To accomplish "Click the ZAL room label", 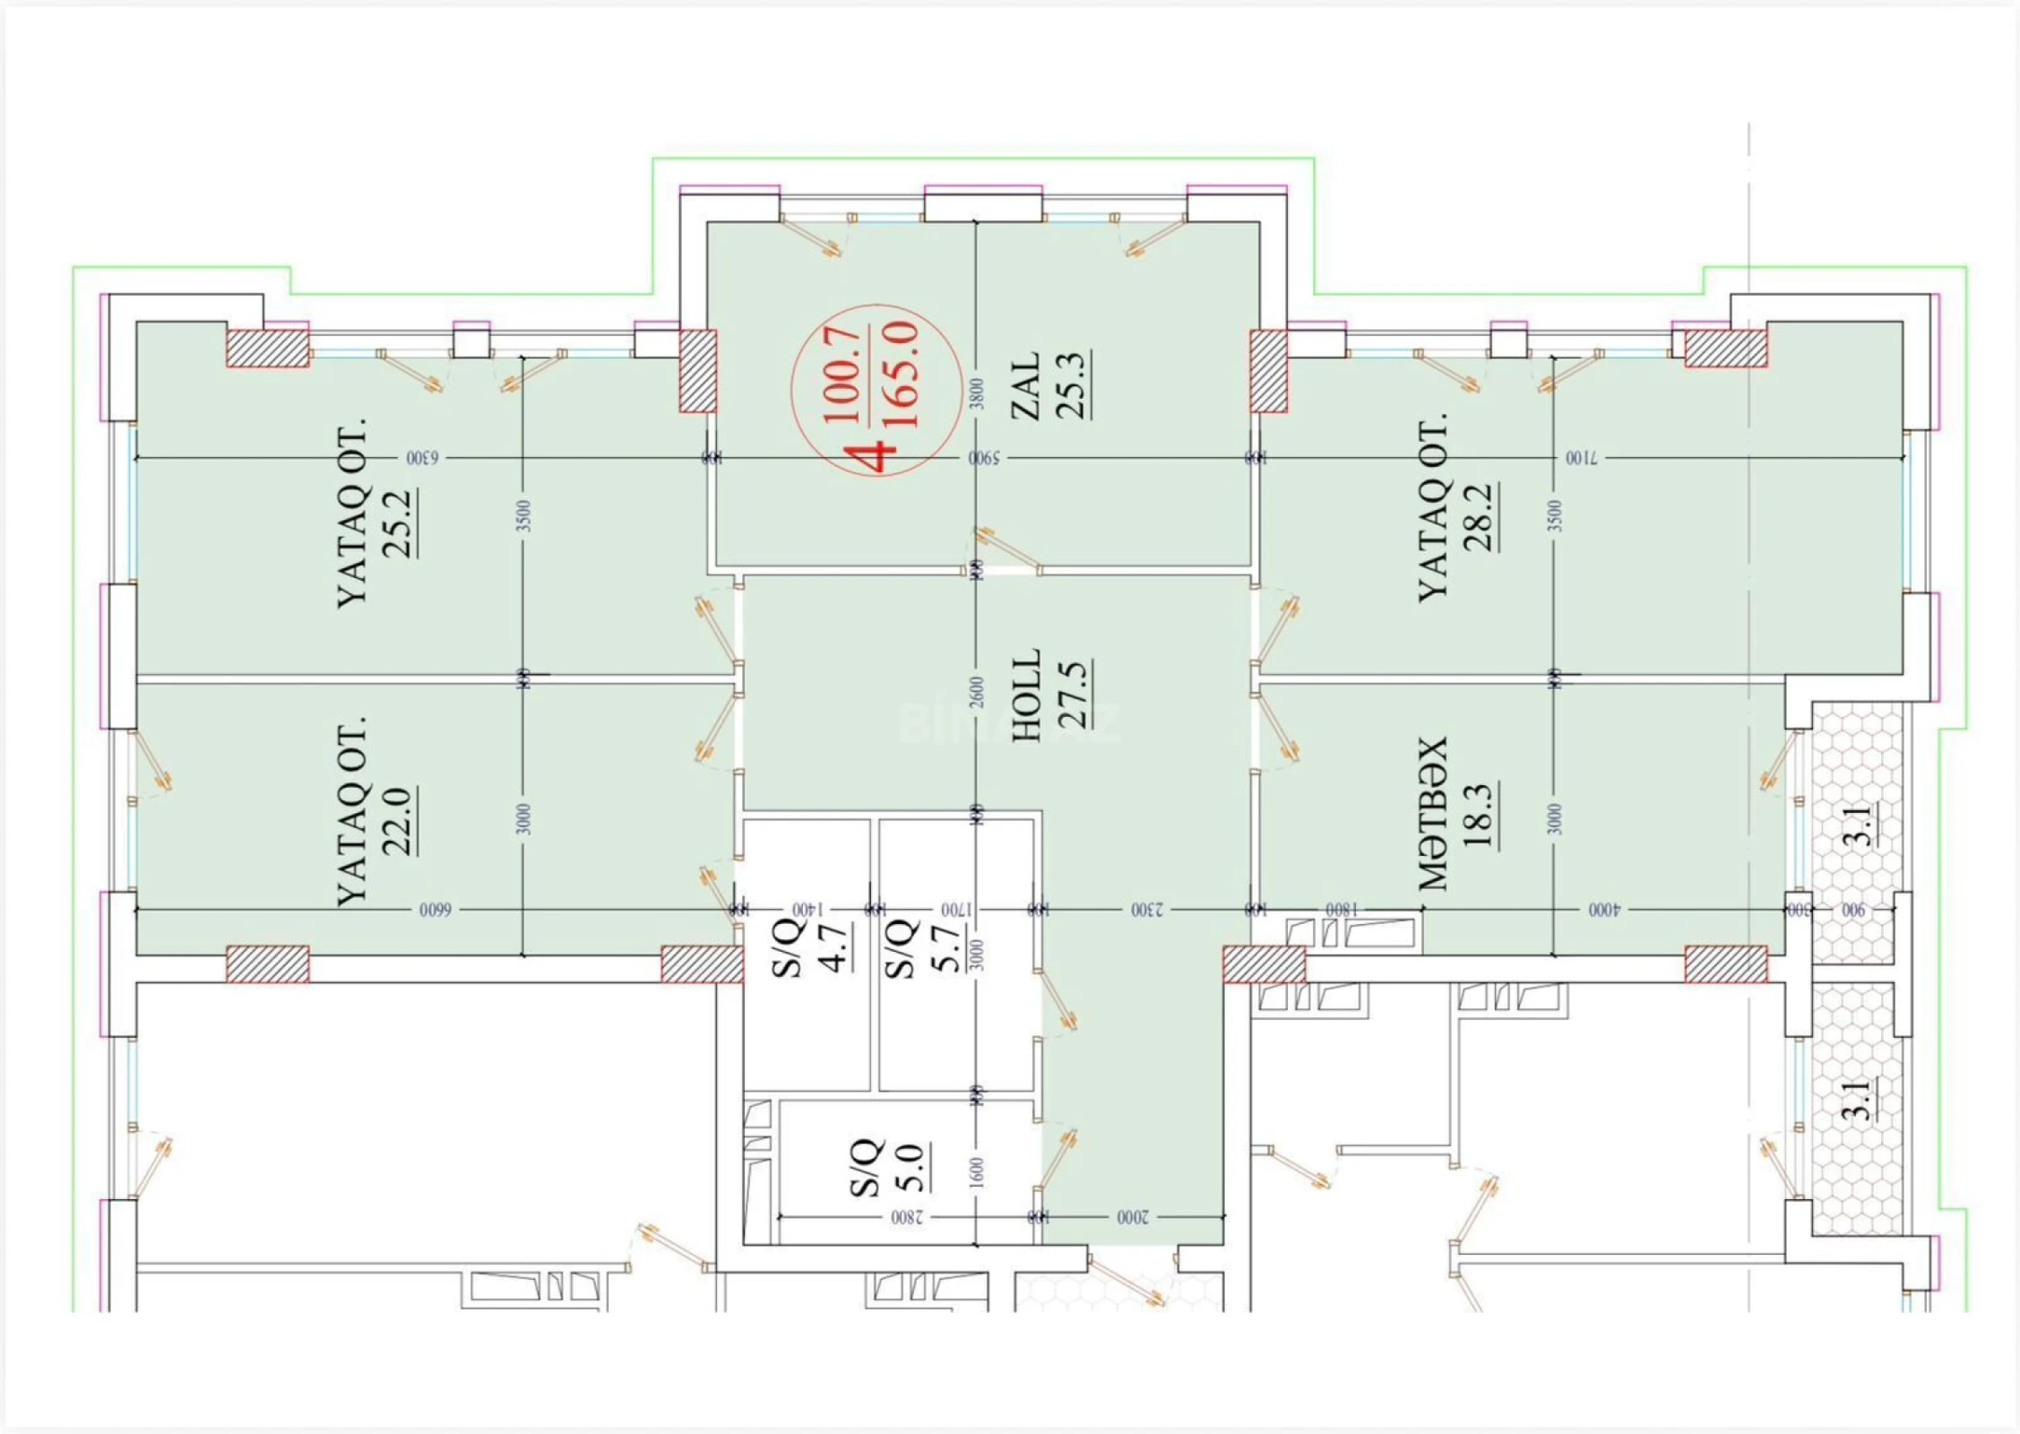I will click(1025, 384).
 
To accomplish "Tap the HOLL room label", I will click(1027, 695).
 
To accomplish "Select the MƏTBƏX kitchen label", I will click(1432, 814).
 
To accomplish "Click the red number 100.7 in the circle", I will click(842, 375).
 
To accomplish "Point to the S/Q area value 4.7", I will click(835, 946).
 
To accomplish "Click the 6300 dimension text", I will click(423, 458).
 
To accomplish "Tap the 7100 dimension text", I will click(1582, 458).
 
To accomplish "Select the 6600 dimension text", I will click(435, 910).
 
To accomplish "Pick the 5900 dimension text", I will click(984, 458).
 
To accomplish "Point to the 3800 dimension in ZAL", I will click(978, 393).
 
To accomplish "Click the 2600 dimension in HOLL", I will click(978, 691).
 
